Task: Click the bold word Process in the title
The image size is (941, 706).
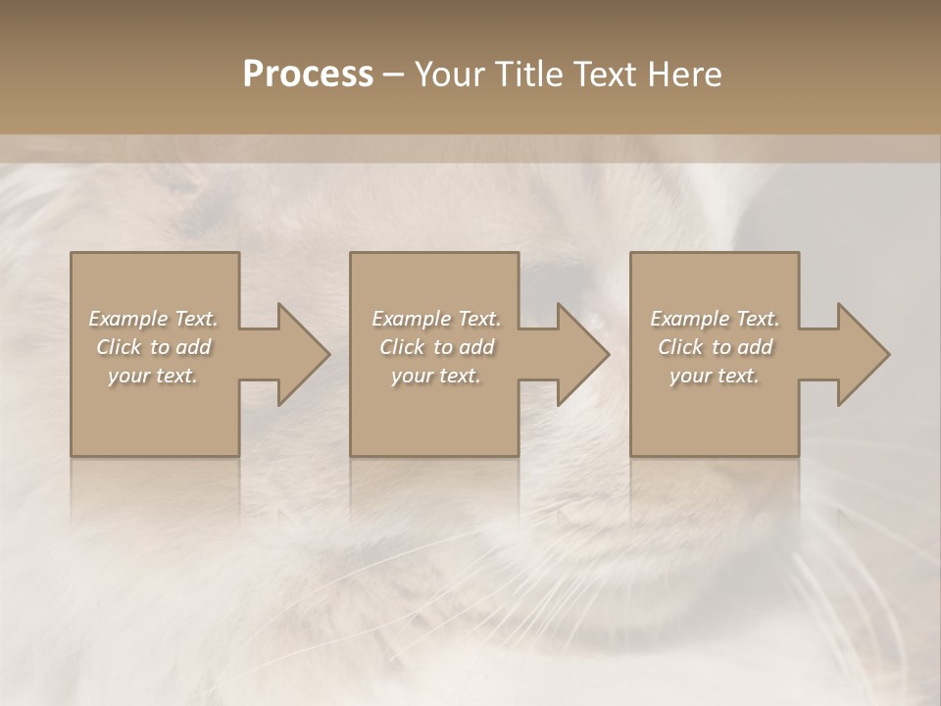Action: (x=308, y=75)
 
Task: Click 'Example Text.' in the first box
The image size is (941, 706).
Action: (x=153, y=319)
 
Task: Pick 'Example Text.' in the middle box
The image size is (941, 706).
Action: (x=436, y=319)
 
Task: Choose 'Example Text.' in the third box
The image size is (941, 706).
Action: (x=715, y=319)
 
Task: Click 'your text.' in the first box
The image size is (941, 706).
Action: (x=153, y=376)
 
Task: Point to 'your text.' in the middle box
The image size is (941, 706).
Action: (x=436, y=376)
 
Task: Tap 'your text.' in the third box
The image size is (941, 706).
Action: (x=715, y=376)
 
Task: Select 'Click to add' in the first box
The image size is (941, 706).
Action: (x=153, y=347)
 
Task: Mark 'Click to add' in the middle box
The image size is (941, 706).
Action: (x=436, y=347)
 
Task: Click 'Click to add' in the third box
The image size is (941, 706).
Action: (x=715, y=347)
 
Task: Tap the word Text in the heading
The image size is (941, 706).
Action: (x=603, y=75)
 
